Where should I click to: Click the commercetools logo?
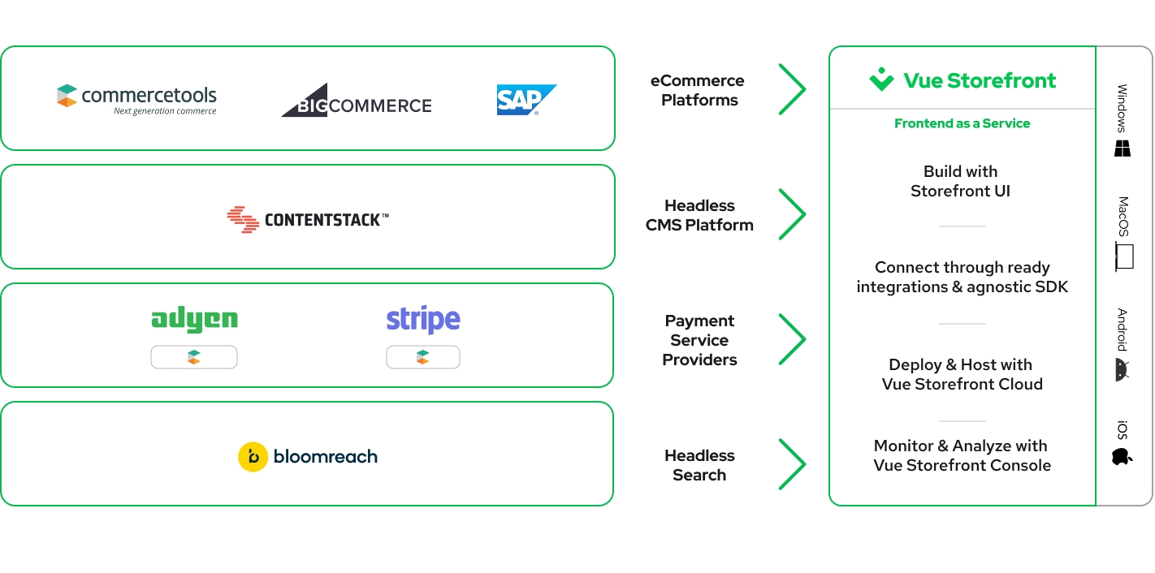point(136,100)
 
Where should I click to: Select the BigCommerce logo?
point(357,101)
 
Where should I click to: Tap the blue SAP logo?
point(526,100)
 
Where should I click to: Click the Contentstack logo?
point(308,220)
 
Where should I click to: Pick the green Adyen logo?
point(194,320)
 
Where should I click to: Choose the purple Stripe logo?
point(423,320)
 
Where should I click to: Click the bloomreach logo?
point(308,457)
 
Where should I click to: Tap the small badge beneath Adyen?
point(194,357)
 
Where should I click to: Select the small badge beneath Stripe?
point(423,357)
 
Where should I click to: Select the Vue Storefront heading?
point(962,80)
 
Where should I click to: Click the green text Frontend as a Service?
point(962,123)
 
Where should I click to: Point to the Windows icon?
point(1123,149)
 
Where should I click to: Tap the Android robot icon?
point(1122,370)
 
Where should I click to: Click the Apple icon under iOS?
point(1122,457)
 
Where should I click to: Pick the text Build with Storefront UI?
point(961,181)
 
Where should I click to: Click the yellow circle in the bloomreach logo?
point(253,457)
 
